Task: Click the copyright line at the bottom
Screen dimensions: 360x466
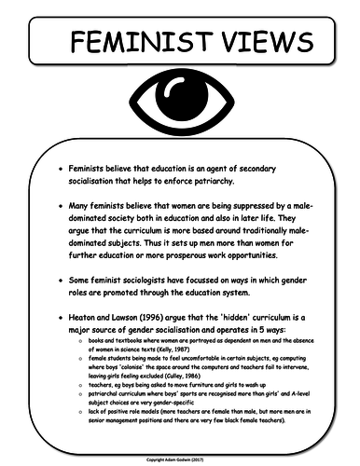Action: [x=180, y=459]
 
